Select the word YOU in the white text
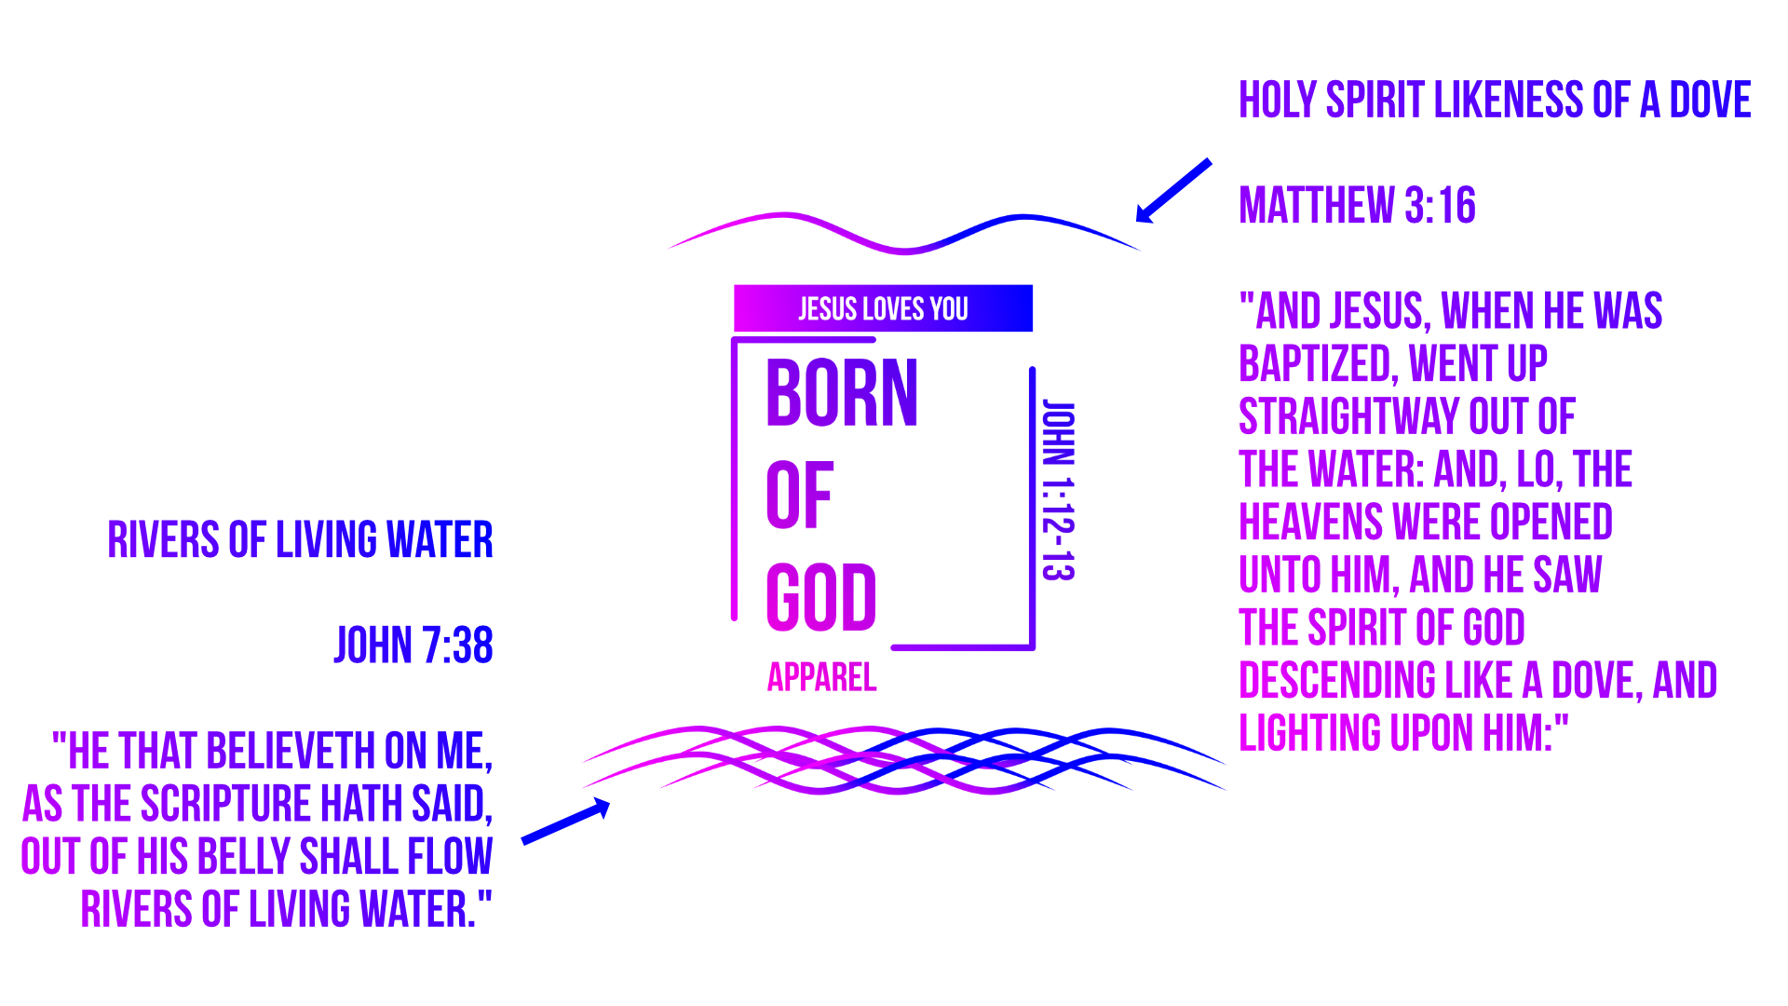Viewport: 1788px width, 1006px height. (x=949, y=309)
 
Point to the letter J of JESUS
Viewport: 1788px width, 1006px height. (x=803, y=309)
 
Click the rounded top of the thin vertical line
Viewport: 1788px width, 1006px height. (x=1032, y=371)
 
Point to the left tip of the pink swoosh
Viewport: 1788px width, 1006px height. (x=669, y=248)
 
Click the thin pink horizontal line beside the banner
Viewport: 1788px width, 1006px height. (x=1332, y=333)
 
